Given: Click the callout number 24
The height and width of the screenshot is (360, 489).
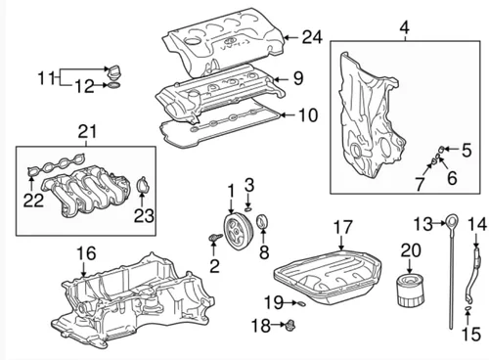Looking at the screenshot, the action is [x=312, y=37].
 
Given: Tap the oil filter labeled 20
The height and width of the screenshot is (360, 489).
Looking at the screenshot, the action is [x=411, y=291].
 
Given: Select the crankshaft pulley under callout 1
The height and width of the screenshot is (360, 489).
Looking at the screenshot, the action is [x=237, y=232].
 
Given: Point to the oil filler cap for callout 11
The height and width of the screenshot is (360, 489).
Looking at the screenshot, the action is [x=114, y=71].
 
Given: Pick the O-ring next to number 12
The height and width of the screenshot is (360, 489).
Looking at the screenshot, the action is [x=114, y=85].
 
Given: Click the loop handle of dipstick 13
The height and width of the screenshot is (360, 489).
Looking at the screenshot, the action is [x=452, y=221].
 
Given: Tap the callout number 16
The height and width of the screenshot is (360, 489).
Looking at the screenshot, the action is [x=86, y=253].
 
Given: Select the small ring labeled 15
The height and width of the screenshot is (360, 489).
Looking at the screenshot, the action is [x=467, y=307].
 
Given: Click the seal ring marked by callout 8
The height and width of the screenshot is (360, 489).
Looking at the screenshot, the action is [x=262, y=222].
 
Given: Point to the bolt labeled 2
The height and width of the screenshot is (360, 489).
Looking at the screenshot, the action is [x=215, y=238].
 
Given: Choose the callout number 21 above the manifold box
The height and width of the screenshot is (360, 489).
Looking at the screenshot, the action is [x=87, y=131].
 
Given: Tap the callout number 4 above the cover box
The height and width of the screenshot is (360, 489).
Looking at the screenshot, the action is [x=404, y=28].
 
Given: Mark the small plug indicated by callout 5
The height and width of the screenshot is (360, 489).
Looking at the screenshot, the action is [x=440, y=150].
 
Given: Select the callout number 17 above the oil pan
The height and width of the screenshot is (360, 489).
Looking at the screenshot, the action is [x=342, y=227].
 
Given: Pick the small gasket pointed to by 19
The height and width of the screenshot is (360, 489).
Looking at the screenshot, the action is [x=301, y=303].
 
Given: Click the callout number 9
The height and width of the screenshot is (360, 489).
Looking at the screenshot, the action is [x=298, y=78].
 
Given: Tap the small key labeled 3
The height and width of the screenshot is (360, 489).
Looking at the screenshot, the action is [x=247, y=208].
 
